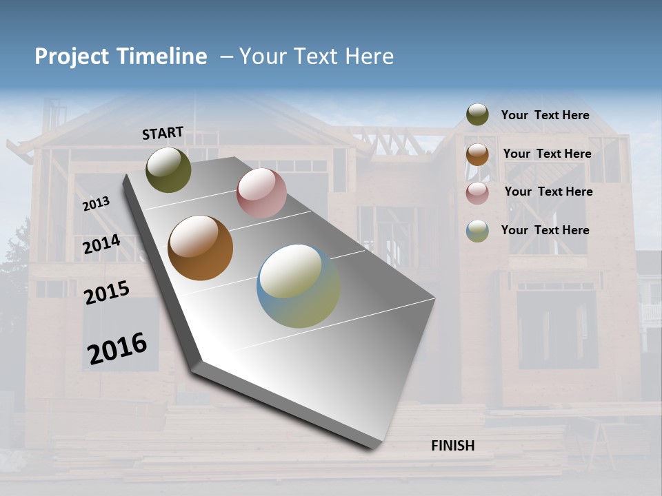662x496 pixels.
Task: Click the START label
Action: click(163, 133)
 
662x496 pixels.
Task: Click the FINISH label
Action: click(452, 446)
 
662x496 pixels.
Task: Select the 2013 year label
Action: click(96, 203)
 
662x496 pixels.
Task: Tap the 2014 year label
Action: click(101, 245)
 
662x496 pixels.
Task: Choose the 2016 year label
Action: click(117, 348)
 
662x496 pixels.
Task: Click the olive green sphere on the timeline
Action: click(168, 169)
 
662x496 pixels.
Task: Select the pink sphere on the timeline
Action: click(261, 193)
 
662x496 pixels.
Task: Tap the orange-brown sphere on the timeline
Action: click(200, 248)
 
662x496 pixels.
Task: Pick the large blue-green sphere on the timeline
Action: click(298, 286)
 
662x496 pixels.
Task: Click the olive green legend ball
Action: click(477, 114)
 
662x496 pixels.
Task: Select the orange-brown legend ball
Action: click(477, 154)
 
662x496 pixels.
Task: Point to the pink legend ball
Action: click(477, 193)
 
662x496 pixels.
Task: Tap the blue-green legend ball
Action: click(477, 231)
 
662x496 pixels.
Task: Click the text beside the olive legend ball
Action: click(545, 115)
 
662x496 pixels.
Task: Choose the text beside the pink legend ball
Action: click(548, 192)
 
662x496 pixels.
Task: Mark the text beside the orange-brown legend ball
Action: click(547, 154)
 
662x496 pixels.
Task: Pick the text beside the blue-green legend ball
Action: click(545, 230)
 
